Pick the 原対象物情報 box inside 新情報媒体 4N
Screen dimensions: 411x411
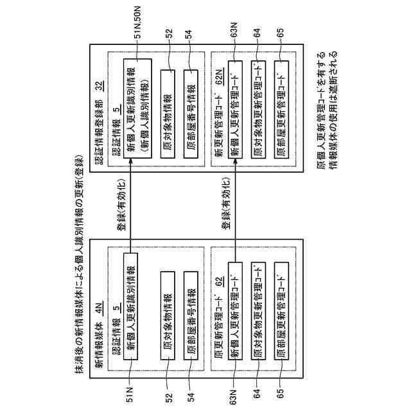(x=168, y=309)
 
